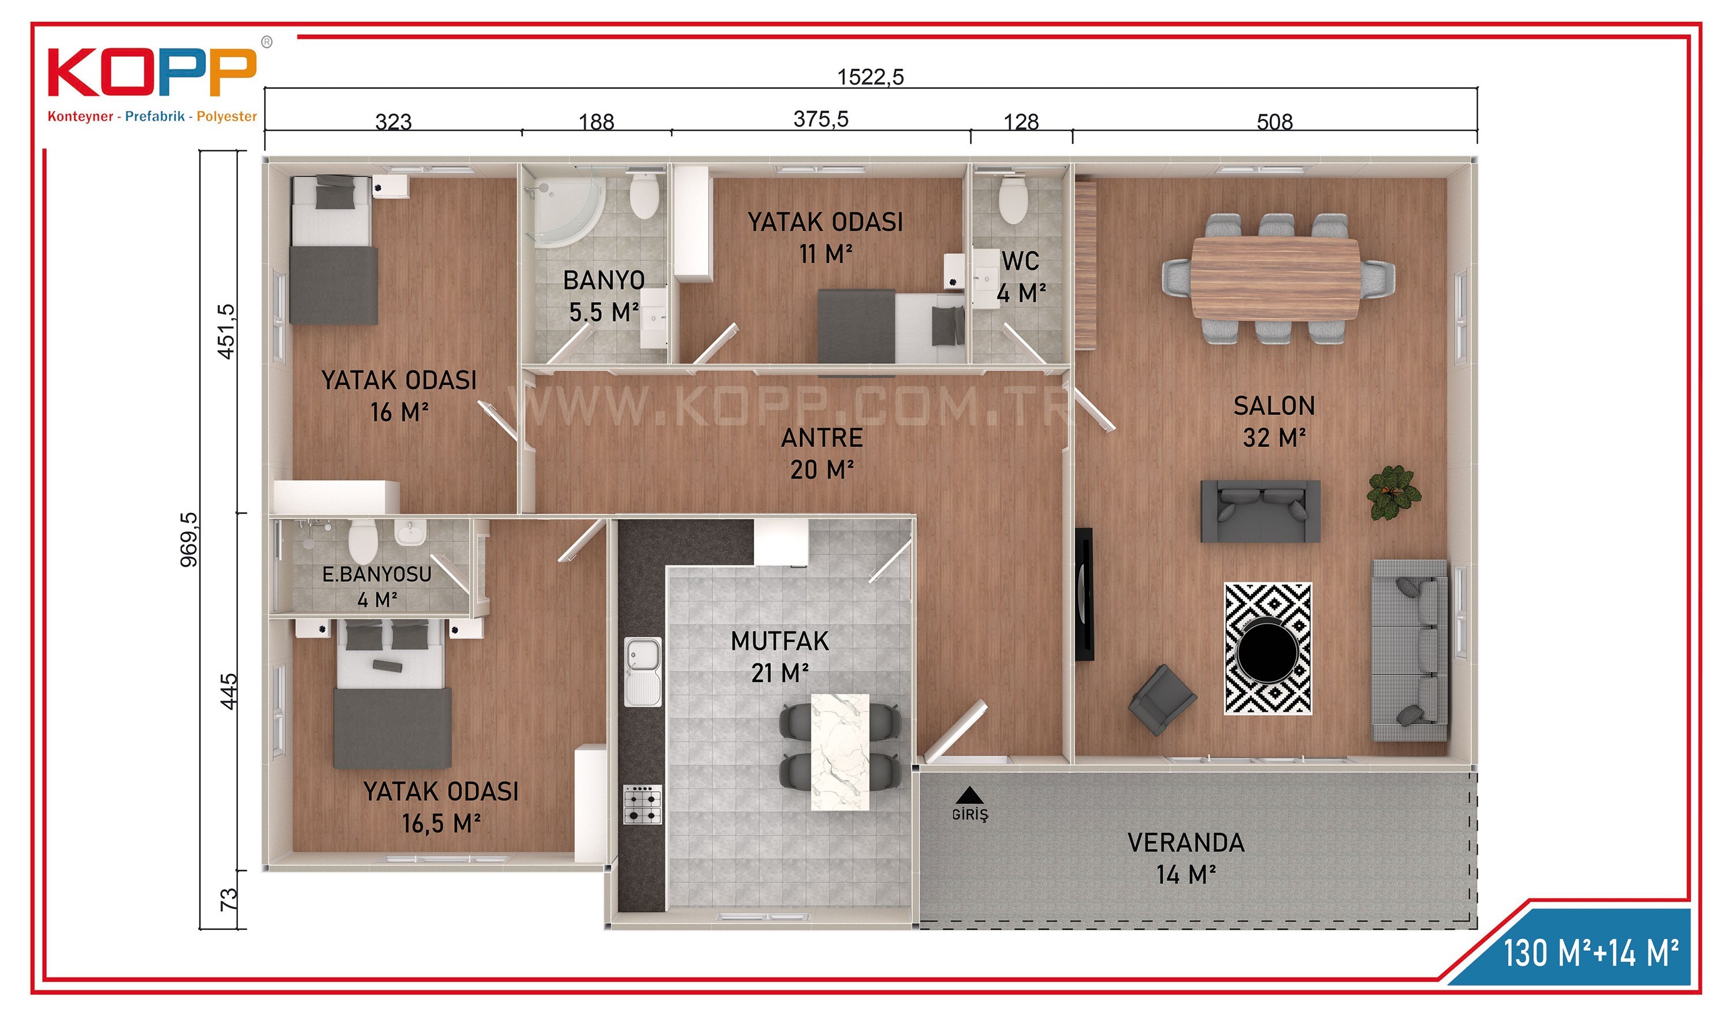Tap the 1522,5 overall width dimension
(870, 76)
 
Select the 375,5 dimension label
(820, 119)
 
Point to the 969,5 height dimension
(188, 539)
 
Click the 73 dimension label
(228, 899)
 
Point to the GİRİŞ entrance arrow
(970, 795)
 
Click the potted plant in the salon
(1393, 492)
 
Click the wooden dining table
(1275, 278)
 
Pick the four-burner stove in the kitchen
(642, 804)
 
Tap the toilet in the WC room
(1012, 198)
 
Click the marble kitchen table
(840, 752)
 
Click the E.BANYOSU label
(376, 574)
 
